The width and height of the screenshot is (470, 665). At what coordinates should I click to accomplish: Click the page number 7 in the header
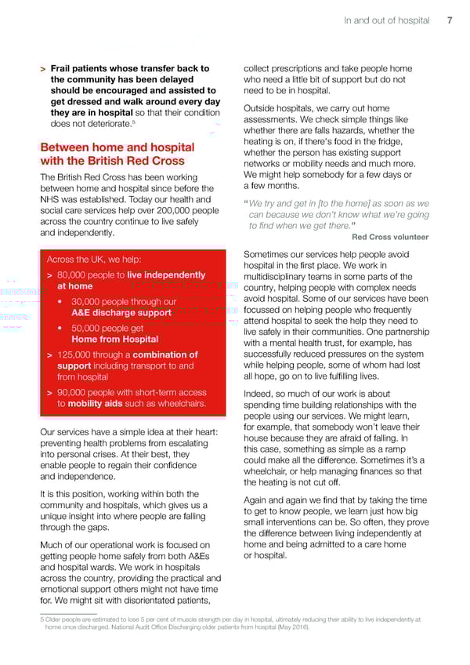pyautogui.click(x=450, y=20)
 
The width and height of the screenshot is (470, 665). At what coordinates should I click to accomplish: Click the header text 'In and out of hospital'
pyautogui.click(x=387, y=20)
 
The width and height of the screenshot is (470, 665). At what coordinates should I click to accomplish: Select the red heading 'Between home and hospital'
pyautogui.click(x=117, y=147)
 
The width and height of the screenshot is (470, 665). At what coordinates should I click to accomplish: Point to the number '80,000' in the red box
pyautogui.click(x=77, y=275)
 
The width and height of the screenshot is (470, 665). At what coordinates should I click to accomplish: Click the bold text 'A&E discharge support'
pyautogui.click(x=121, y=313)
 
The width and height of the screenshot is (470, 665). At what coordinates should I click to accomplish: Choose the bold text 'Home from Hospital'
pyautogui.click(x=115, y=340)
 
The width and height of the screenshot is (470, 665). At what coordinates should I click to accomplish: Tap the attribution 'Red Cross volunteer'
pyautogui.click(x=390, y=237)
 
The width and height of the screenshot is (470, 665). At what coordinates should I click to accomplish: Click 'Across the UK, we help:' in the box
pyautogui.click(x=96, y=260)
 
